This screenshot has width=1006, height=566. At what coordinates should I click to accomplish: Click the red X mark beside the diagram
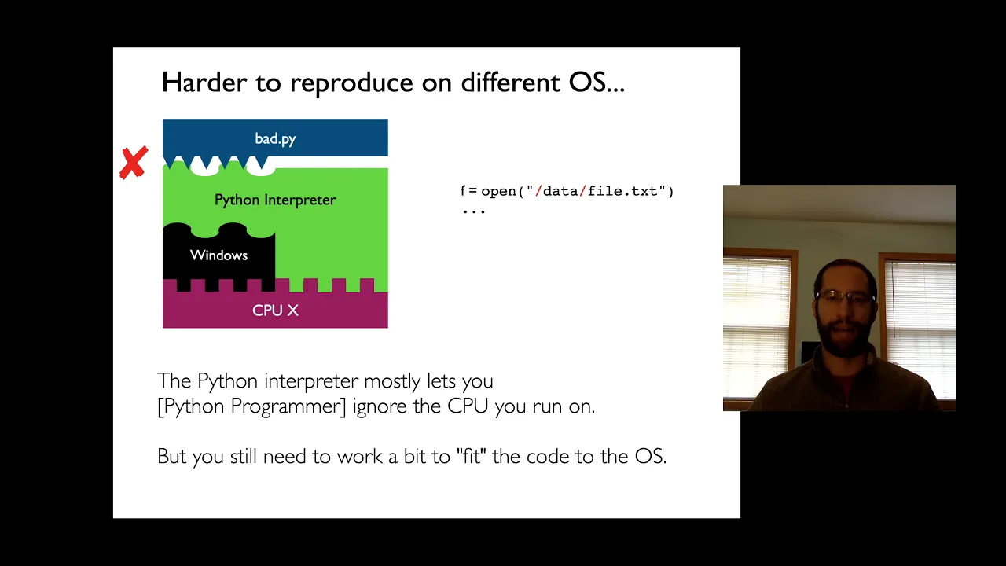coord(134,163)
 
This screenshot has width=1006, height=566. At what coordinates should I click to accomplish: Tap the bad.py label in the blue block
coord(275,139)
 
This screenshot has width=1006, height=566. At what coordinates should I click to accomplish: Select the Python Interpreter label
coord(275,200)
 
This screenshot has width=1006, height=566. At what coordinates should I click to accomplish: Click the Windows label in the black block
coord(218,255)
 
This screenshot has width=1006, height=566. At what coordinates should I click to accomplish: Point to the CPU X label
coord(275,311)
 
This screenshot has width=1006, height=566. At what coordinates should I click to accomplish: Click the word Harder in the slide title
coord(204,83)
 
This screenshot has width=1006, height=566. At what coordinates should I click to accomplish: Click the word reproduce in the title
coord(351,83)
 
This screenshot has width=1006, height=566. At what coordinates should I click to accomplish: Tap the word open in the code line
coord(498,192)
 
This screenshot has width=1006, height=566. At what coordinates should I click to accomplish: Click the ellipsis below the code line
coord(474,211)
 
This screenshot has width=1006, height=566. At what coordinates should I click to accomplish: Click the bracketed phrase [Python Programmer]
coord(252,406)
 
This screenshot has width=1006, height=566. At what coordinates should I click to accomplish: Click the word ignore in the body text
coord(380,406)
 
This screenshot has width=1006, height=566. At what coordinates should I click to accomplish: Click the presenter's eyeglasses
coord(845,296)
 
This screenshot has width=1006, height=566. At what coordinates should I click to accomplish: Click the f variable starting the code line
coord(463,191)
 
